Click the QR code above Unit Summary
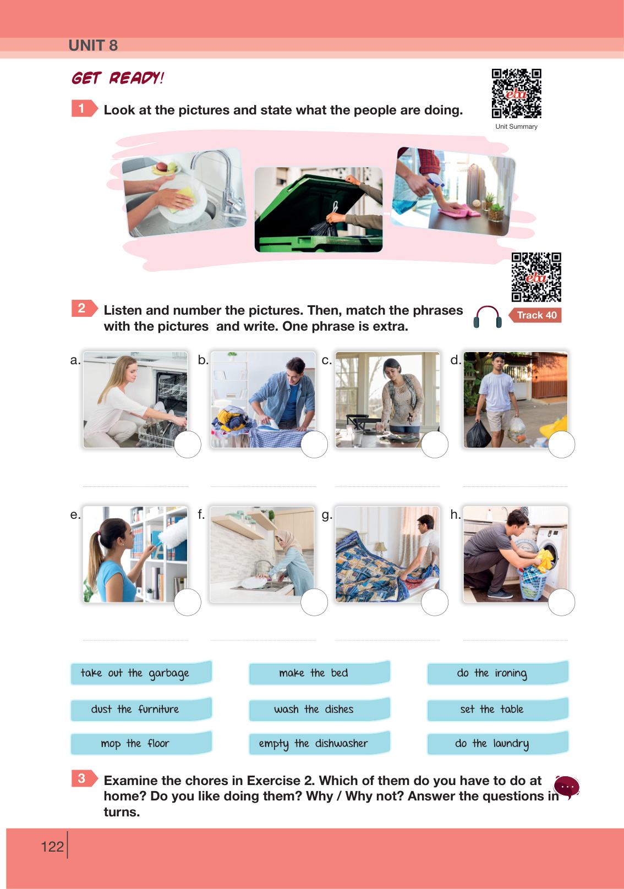[x=517, y=94]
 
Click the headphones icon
[x=488, y=317]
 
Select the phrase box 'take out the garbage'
[x=141, y=673]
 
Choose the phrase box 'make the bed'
[x=319, y=673]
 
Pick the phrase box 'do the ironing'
[x=497, y=673]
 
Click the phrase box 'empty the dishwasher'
[x=319, y=743]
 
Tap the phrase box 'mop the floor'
[x=141, y=743]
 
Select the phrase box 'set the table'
[x=497, y=709]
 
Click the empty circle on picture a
[x=187, y=444]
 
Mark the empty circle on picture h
[x=561, y=602]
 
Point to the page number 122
[x=52, y=847]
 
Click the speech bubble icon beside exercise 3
[x=567, y=787]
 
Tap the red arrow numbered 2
[x=84, y=309]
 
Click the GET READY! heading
[x=118, y=78]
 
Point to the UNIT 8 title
[x=94, y=46]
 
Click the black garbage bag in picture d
[x=478, y=434]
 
